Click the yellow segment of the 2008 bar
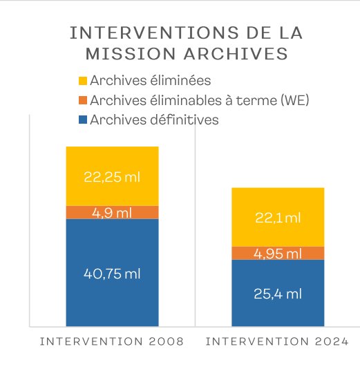[x=113, y=176]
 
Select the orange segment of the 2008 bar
[x=113, y=212]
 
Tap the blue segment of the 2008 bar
[x=113, y=273]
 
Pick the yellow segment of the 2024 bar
[x=278, y=217]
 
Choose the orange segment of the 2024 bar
[x=278, y=253]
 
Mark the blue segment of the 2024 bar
[x=278, y=293]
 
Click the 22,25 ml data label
[x=112, y=177]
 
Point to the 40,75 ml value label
[x=112, y=274]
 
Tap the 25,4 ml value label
[x=278, y=294]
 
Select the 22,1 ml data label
[x=278, y=218]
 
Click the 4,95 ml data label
[x=278, y=254]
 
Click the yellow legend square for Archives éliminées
[x=83, y=81]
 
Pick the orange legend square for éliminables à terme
[x=83, y=100]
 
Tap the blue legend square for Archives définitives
[x=83, y=120]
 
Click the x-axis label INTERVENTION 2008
[x=112, y=341]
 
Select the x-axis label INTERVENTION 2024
[x=277, y=341]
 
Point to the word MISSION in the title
[x=131, y=54]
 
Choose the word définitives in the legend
[x=184, y=120]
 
